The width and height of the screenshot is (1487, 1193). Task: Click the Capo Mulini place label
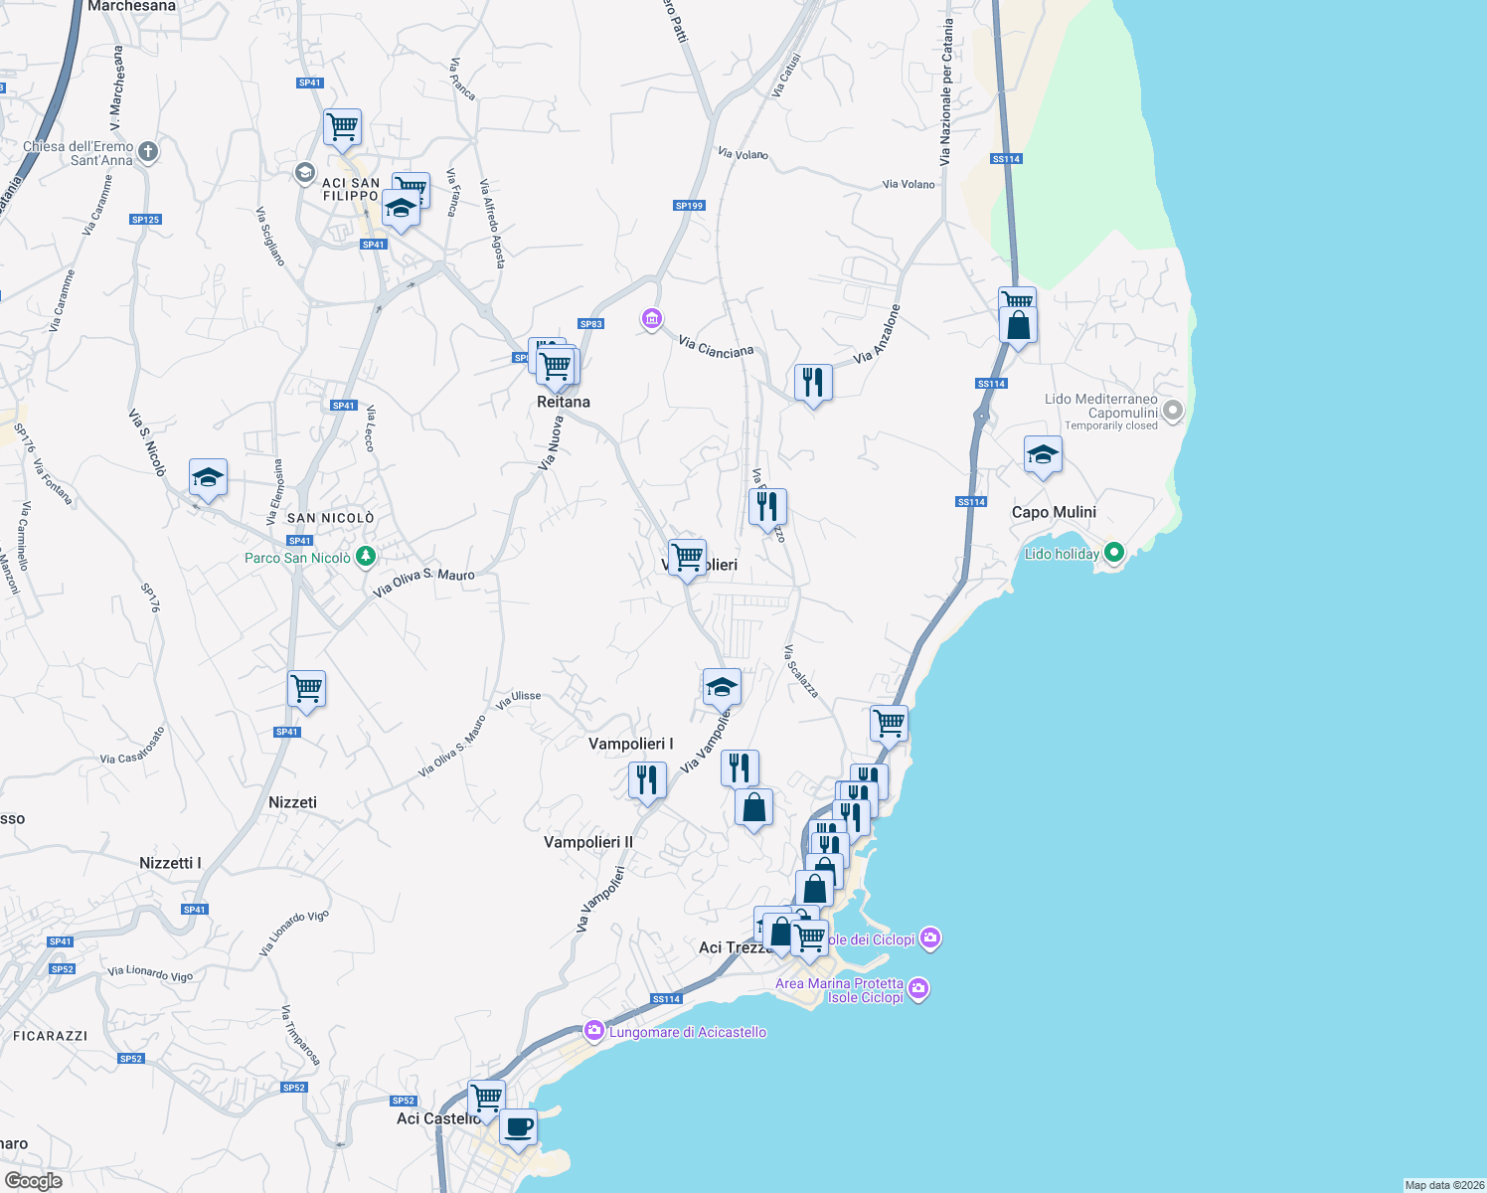tap(1054, 512)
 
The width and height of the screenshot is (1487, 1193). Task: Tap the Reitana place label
tap(564, 402)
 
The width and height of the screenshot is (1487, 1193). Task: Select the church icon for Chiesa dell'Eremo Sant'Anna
tap(148, 152)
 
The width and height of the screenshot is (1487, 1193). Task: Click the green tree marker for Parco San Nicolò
tap(366, 556)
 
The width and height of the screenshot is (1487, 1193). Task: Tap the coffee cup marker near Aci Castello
tap(518, 1128)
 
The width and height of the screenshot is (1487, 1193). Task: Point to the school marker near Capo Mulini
tap(1042, 455)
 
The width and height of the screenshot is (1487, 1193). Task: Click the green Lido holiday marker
tap(1113, 553)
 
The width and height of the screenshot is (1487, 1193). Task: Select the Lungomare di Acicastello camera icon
tap(594, 1031)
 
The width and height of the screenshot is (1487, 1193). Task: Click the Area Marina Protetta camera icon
tap(917, 989)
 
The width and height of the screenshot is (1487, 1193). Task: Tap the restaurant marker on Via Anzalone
tap(813, 382)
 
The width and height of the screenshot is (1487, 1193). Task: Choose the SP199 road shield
tap(689, 206)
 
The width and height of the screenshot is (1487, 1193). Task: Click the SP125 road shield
tap(145, 220)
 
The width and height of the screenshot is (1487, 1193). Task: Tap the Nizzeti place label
tap(292, 802)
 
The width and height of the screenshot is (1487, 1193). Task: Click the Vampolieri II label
tap(588, 842)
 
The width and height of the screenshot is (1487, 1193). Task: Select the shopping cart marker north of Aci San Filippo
tap(342, 127)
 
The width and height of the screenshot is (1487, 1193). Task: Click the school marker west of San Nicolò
tap(208, 478)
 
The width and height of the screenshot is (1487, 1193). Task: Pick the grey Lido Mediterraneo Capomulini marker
tap(1173, 410)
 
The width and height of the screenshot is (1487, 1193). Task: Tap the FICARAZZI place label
tap(51, 1036)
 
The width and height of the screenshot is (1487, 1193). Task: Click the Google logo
tap(34, 1181)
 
